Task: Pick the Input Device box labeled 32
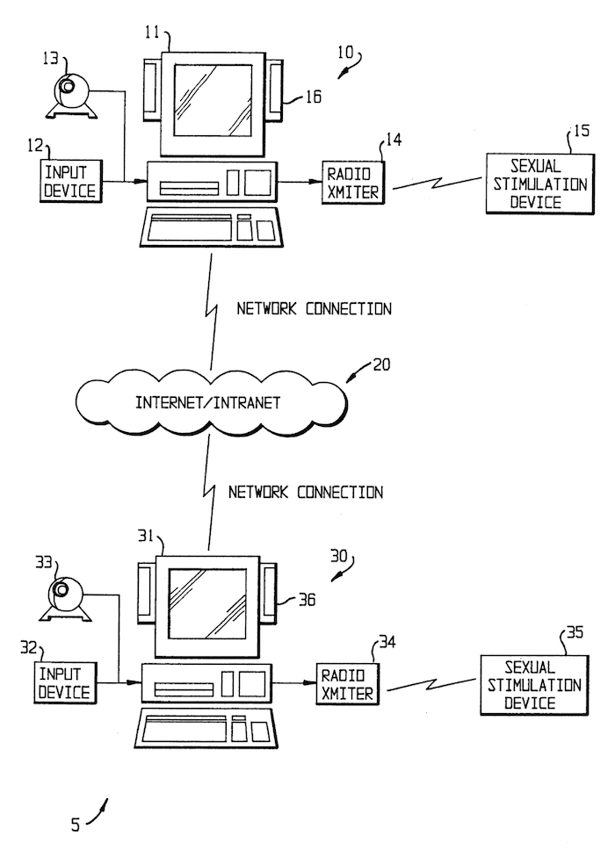[62, 683]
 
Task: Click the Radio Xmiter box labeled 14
[351, 182]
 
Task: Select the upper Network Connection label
[315, 309]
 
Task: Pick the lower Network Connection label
[306, 492]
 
